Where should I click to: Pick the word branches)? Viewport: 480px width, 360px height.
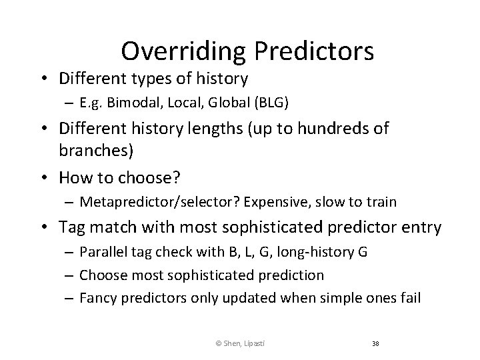coord(96,151)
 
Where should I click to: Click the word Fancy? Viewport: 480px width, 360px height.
coord(97,297)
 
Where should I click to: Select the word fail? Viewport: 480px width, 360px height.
coord(409,297)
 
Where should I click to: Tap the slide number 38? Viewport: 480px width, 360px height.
coord(375,343)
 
